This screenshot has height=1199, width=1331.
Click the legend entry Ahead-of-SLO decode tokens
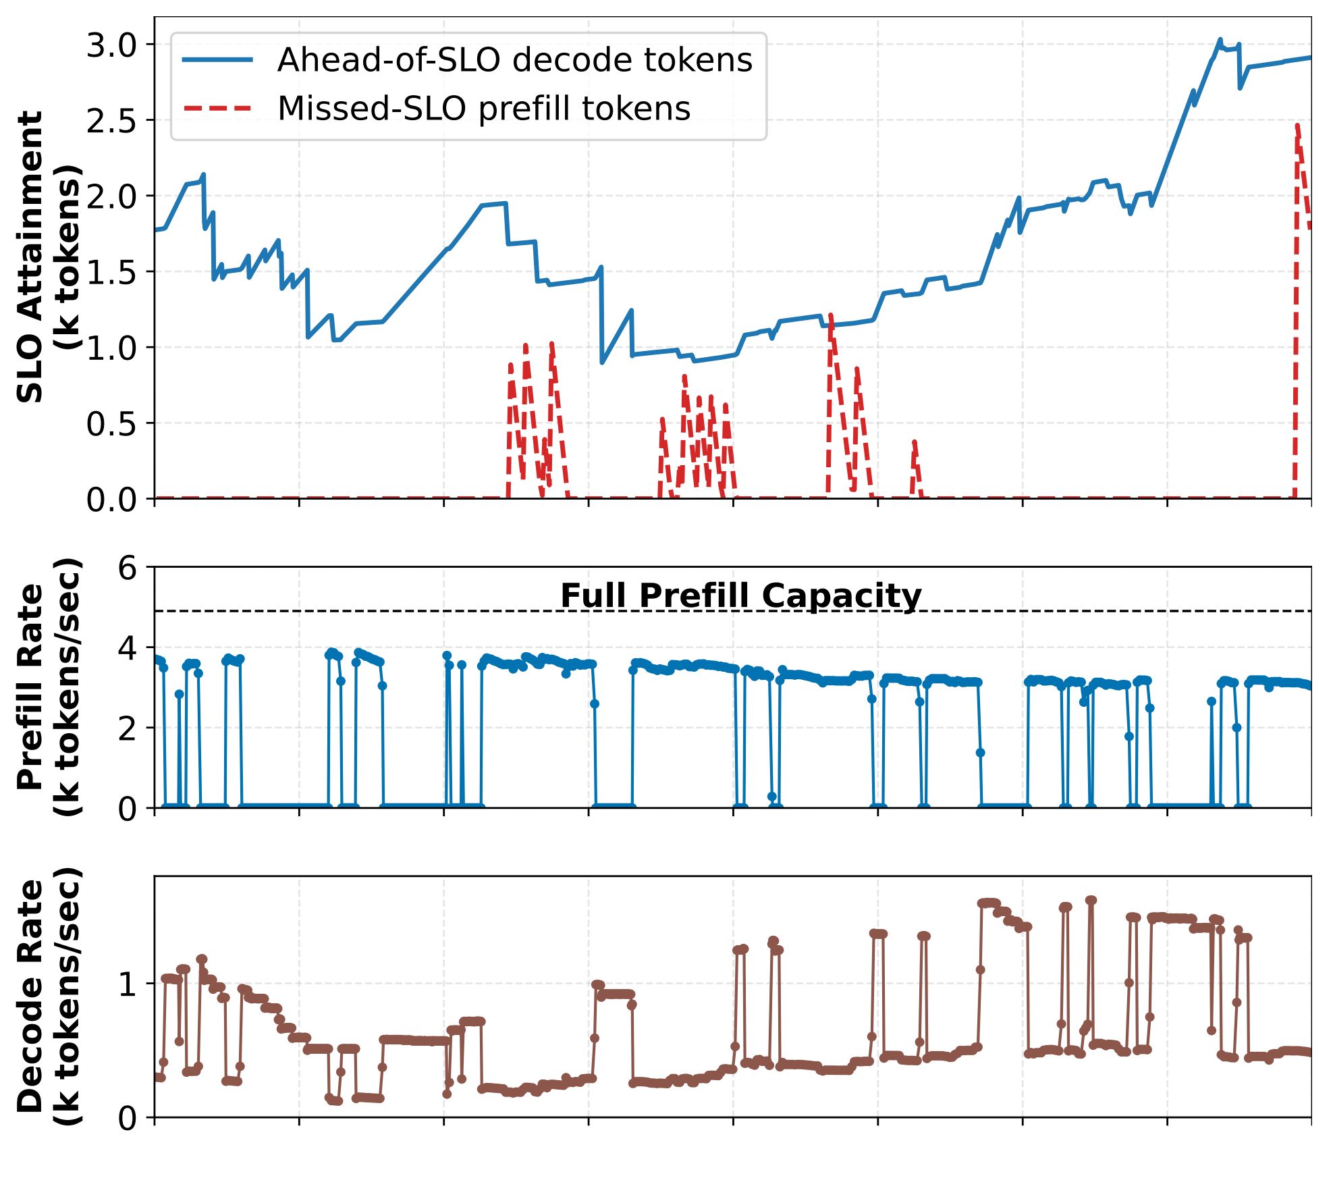514,60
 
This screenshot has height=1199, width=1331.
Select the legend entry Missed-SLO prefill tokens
484,109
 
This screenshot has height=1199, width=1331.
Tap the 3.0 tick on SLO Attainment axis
111,46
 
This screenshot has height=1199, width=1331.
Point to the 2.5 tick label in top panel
111,122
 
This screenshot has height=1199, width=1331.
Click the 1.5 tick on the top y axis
111,273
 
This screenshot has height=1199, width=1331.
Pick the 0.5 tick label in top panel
111,424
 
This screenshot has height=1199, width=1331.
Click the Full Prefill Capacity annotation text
740,596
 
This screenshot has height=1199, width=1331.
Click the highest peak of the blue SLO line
1220,41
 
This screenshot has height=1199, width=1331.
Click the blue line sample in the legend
217,60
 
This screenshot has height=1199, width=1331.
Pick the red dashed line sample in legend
217,109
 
